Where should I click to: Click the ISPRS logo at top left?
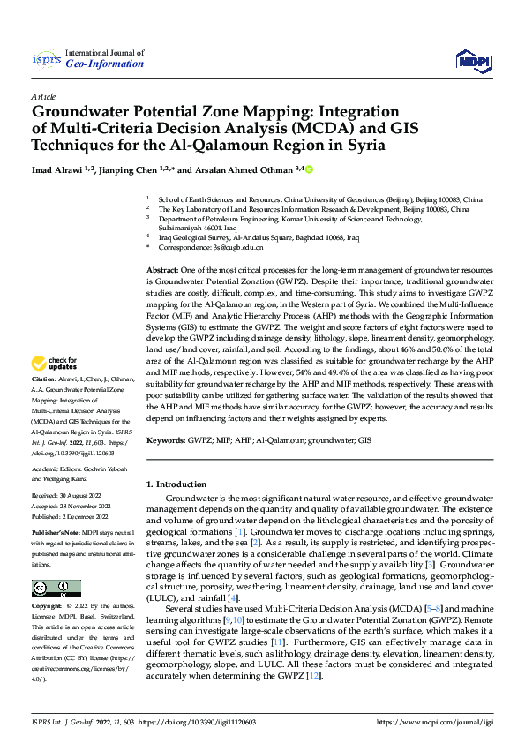pos(46,61)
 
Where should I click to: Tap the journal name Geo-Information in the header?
pos(110,64)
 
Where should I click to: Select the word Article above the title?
pos(43,96)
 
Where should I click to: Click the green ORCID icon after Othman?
pos(310,169)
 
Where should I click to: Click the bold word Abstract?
pos(163,268)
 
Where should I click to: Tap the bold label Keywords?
pos(169,439)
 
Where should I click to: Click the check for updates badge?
pos(55,364)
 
